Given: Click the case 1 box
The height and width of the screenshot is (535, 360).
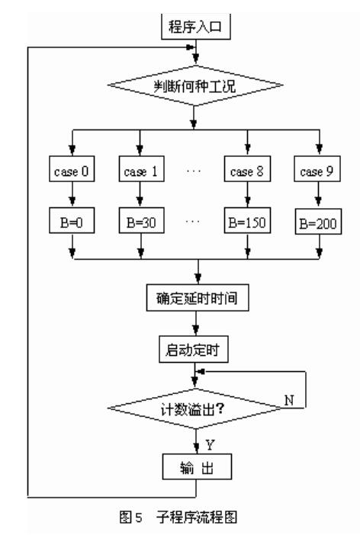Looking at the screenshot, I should (139, 170).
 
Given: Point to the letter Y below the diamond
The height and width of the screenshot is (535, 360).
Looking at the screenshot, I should (210, 440).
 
